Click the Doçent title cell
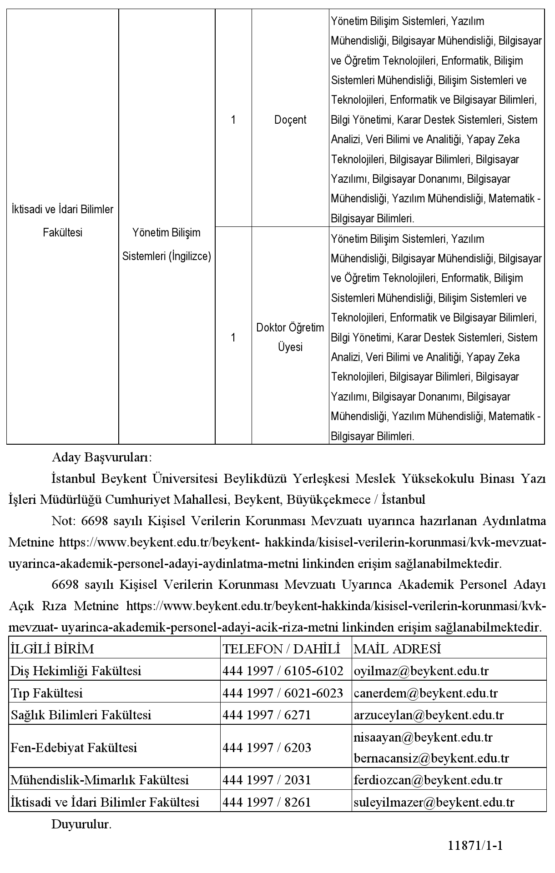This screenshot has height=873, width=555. [290, 120]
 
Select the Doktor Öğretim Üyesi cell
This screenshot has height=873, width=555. [290, 337]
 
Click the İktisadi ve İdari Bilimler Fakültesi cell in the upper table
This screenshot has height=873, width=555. [62, 221]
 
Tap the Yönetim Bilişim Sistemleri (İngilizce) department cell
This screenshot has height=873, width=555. [166, 245]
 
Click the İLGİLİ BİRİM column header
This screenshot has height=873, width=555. [52, 649]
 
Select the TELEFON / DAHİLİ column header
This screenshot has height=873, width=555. [281, 649]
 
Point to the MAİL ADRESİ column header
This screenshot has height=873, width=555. [397, 649]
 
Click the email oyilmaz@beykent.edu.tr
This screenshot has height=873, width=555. [421, 671]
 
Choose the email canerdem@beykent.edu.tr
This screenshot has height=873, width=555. [425, 693]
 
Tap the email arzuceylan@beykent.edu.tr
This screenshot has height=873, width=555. [429, 715]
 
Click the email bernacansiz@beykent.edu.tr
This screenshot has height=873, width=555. [431, 758]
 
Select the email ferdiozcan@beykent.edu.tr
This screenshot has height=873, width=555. [428, 780]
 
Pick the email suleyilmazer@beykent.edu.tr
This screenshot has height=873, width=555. [434, 803]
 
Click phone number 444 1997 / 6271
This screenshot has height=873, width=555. [267, 715]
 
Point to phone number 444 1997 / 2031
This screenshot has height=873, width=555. [267, 780]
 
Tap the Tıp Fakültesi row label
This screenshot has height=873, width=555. [47, 693]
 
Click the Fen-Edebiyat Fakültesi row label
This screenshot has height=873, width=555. [74, 748]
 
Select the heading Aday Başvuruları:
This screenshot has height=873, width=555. [102, 457]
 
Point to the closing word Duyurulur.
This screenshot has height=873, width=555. [81, 824]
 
